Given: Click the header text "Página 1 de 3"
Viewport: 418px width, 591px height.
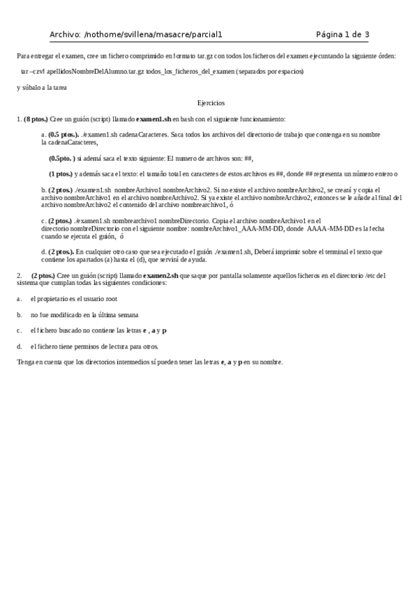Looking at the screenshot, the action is click(343, 33).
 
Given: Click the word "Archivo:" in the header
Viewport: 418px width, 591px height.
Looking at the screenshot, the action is click(64, 33).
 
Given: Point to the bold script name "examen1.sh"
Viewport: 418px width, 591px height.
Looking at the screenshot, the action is click(154, 119).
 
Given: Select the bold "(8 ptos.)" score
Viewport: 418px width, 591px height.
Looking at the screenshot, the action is click(36, 119).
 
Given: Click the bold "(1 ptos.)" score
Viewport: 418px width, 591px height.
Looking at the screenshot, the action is click(60, 173).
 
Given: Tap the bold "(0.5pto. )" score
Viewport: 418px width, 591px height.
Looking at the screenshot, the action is click(61, 158).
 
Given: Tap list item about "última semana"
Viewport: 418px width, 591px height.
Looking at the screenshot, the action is click(84, 314).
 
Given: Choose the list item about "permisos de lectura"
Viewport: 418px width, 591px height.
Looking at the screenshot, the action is click(94, 346).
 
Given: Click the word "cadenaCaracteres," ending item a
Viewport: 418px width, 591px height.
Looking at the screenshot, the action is click(69, 142).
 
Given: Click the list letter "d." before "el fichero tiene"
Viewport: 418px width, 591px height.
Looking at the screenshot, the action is click(19, 346).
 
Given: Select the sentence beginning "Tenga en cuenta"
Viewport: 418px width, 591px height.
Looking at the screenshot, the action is click(150, 362).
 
